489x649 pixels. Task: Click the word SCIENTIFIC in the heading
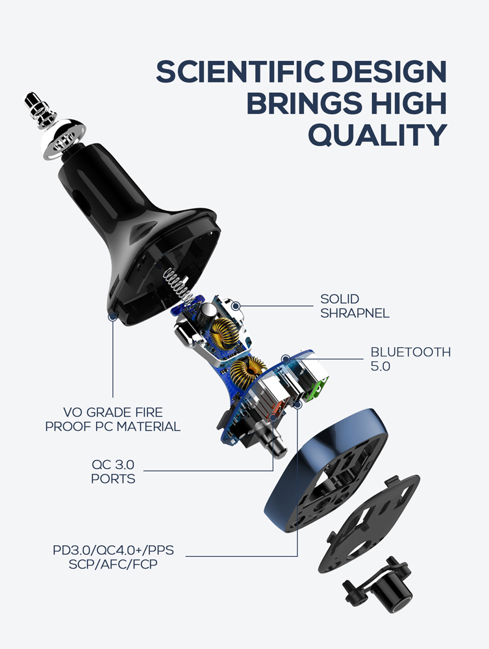coord(240,71)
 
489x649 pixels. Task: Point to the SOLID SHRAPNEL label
coord(355,306)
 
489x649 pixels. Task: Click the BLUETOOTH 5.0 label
coord(410,359)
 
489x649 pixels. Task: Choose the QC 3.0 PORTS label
coord(112,471)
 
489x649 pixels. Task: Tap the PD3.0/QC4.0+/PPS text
coord(113,550)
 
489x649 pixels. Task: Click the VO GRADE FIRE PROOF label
coord(112,419)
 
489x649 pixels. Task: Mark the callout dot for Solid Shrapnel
coord(236,306)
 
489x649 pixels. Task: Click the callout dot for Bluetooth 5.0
coord(286,358)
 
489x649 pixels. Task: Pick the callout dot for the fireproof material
coord(112,317)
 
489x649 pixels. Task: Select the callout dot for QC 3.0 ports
coord(273,417)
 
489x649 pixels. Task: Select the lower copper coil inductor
coord(247,372)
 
